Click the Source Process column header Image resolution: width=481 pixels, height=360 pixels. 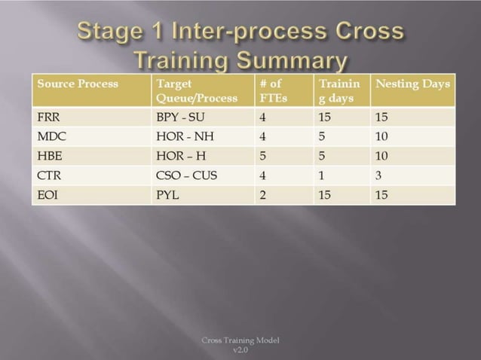pyautogui.click(x=78, y=84)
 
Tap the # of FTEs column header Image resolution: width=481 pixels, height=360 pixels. pyautogui.click(x=271, y=90)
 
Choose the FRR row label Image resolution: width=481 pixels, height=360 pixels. pyautogui.click(x=48, y=118)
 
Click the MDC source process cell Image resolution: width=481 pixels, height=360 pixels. pyautogui.click(x=51, y=136)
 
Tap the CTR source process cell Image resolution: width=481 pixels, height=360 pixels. pyautogui.click(x=48, y=176)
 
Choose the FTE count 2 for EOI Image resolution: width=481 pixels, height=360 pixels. pyautogui.click(x=262, y=194)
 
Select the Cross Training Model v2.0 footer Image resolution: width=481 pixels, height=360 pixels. pyautogui.click(x=240, y=345)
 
